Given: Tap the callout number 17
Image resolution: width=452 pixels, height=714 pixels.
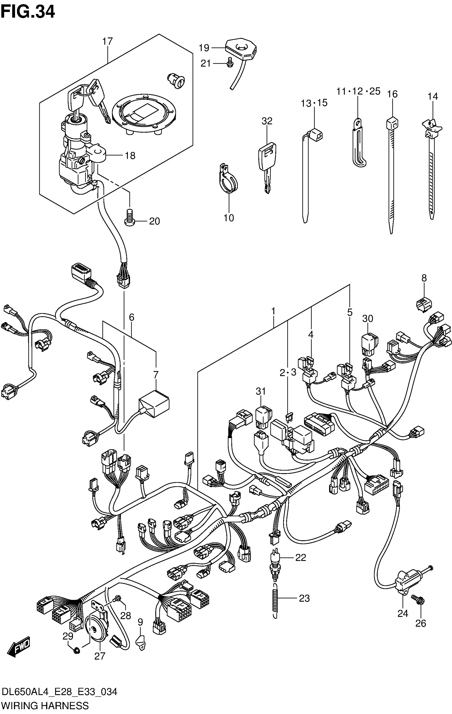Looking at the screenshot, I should pos(108,41).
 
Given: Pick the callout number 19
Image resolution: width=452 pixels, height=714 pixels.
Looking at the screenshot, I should pos(204,48).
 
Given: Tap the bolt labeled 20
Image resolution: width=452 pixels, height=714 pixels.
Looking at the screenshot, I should pos(129,218).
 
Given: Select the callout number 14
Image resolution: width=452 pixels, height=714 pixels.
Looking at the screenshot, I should pos(433,96).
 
